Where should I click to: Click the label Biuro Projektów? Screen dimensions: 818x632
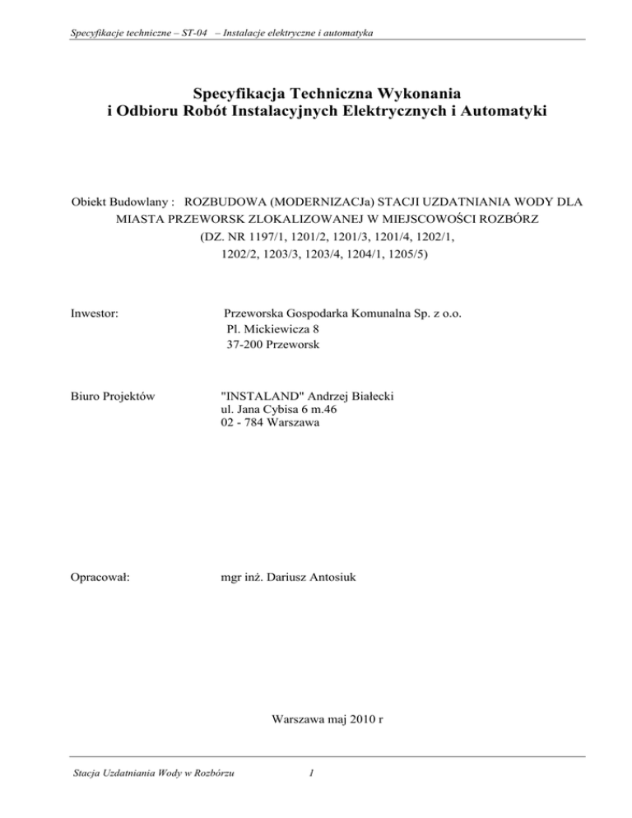(x=109, y=397)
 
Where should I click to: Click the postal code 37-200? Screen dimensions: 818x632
(x=249, y=345)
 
